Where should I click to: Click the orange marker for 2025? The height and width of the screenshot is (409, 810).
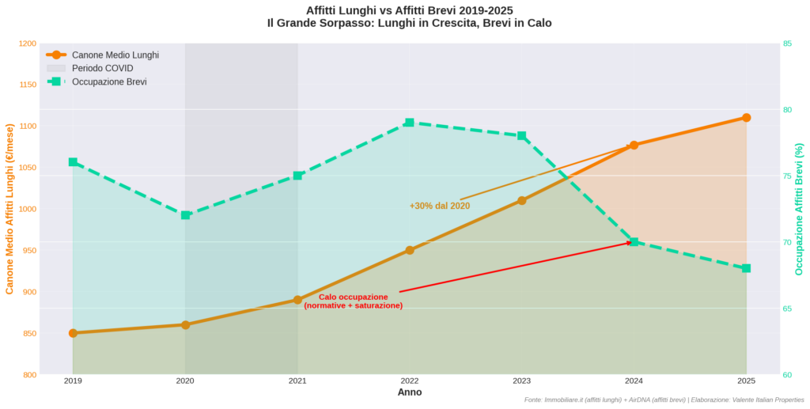pyautogui.click(x=746, y=118)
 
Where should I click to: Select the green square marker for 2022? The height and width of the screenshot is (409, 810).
pyautogui.click(x=410, y=123)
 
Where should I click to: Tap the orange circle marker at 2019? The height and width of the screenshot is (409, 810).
pyautogui.click(x=73, y=333)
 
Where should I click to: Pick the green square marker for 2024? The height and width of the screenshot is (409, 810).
pyautogui.click(x=634, y=242)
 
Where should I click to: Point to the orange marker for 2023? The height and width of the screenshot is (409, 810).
pyautogui.click(x=522, y=200)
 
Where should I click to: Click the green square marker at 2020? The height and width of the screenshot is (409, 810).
pyautogui.click(x=185, y=215)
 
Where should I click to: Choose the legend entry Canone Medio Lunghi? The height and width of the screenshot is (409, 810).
pyautogui.click(x=115, y=55)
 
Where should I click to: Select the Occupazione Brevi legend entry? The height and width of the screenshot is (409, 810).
pyautogui.click(x=109, y=81)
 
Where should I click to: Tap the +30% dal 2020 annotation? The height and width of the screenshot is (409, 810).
pyautogui.click(x=440, y=206)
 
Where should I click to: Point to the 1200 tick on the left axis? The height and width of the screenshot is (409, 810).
pyautogui.click(x=27, y=44)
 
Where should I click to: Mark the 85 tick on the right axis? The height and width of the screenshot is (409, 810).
pyautogui.click(x=788, y=44)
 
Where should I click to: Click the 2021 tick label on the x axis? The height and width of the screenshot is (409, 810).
pyautogui.click(x=297, y=381)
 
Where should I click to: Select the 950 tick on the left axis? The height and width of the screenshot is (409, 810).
pyautogui.click(x=28, y=251)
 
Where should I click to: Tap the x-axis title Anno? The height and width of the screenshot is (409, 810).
pyautogui.click(x=409, y=392)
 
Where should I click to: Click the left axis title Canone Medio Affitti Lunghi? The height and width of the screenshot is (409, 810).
pyautogui.click(x=10, y=209)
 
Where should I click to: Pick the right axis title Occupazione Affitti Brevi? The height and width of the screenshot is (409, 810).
pyautogui.click(x=799, y=209)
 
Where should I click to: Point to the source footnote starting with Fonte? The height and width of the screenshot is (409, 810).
pyautogui.click(x=664, y=400)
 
